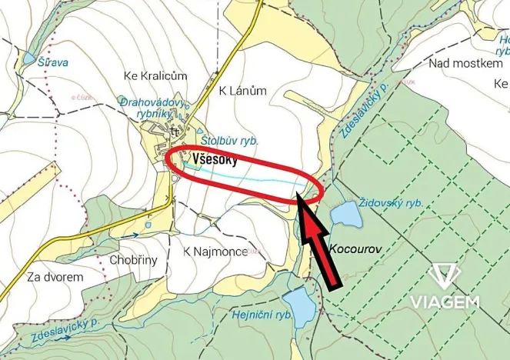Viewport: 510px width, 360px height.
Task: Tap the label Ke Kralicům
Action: pyautogui.click(x=156, y=75)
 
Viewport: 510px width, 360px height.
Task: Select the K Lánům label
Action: pyautogui.click(x=243, y=91)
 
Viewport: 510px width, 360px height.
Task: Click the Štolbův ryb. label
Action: pyautogui.click(x=228, y=142)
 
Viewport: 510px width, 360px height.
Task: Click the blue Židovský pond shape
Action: pyautogui.click(x=346, y=213)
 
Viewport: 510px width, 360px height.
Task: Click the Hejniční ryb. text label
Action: pyautogui.click(x=262, y=315)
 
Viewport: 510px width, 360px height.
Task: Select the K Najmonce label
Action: pyautogui.click(x=215, y=252)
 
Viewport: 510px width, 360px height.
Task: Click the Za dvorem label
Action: pyautogui.click(x=55, y=276)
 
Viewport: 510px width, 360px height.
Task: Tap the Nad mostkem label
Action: pyautogui.click(x=466, y=64)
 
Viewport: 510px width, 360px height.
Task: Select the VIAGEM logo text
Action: pyautogui.click(x=444, y=302)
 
